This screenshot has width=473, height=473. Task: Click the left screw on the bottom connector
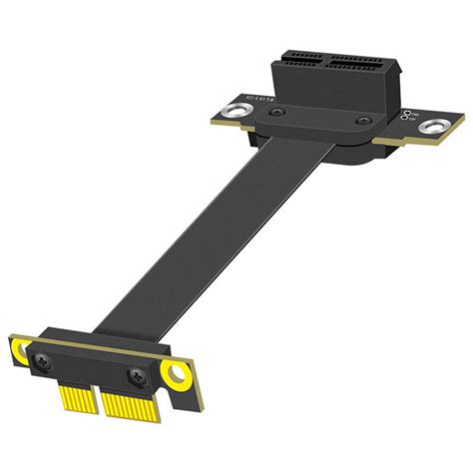pyautogui.click(x=48, y=354)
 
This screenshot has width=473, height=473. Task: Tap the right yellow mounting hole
pyautogui.click(x=178, y=377)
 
